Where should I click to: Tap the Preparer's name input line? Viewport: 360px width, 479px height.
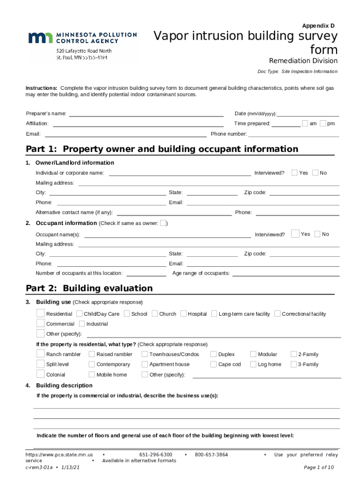pos(146,114)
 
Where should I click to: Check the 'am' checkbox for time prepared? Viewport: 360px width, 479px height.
pos(305,123)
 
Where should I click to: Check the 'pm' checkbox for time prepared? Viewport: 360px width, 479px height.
pos(323,123)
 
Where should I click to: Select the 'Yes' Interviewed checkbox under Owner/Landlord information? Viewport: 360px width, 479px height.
pos(295,173)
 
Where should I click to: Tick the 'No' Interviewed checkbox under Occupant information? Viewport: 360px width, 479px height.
pos(318,234)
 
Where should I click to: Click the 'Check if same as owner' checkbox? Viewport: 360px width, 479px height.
pos(163,223)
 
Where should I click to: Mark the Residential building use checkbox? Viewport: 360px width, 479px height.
pos(41,313)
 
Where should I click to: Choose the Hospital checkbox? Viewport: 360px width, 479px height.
pos(183,313)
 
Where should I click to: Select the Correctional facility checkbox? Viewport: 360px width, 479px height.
pos(277,313)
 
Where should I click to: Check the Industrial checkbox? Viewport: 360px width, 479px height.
pos(82,324)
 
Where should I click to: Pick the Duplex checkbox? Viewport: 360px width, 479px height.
pos(214,354)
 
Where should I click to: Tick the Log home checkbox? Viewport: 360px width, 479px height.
pos(253,364)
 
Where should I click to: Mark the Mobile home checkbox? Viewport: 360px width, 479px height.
pos(92,374)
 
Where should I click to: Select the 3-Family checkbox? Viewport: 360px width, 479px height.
pos(294,364)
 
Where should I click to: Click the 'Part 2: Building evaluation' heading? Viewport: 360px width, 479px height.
pos(89,288)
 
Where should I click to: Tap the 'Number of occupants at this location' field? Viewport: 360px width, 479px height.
pos(146,273)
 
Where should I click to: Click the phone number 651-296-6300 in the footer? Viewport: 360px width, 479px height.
pos(156,455)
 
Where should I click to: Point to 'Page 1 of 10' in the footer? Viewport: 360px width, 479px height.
pos(319,467)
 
